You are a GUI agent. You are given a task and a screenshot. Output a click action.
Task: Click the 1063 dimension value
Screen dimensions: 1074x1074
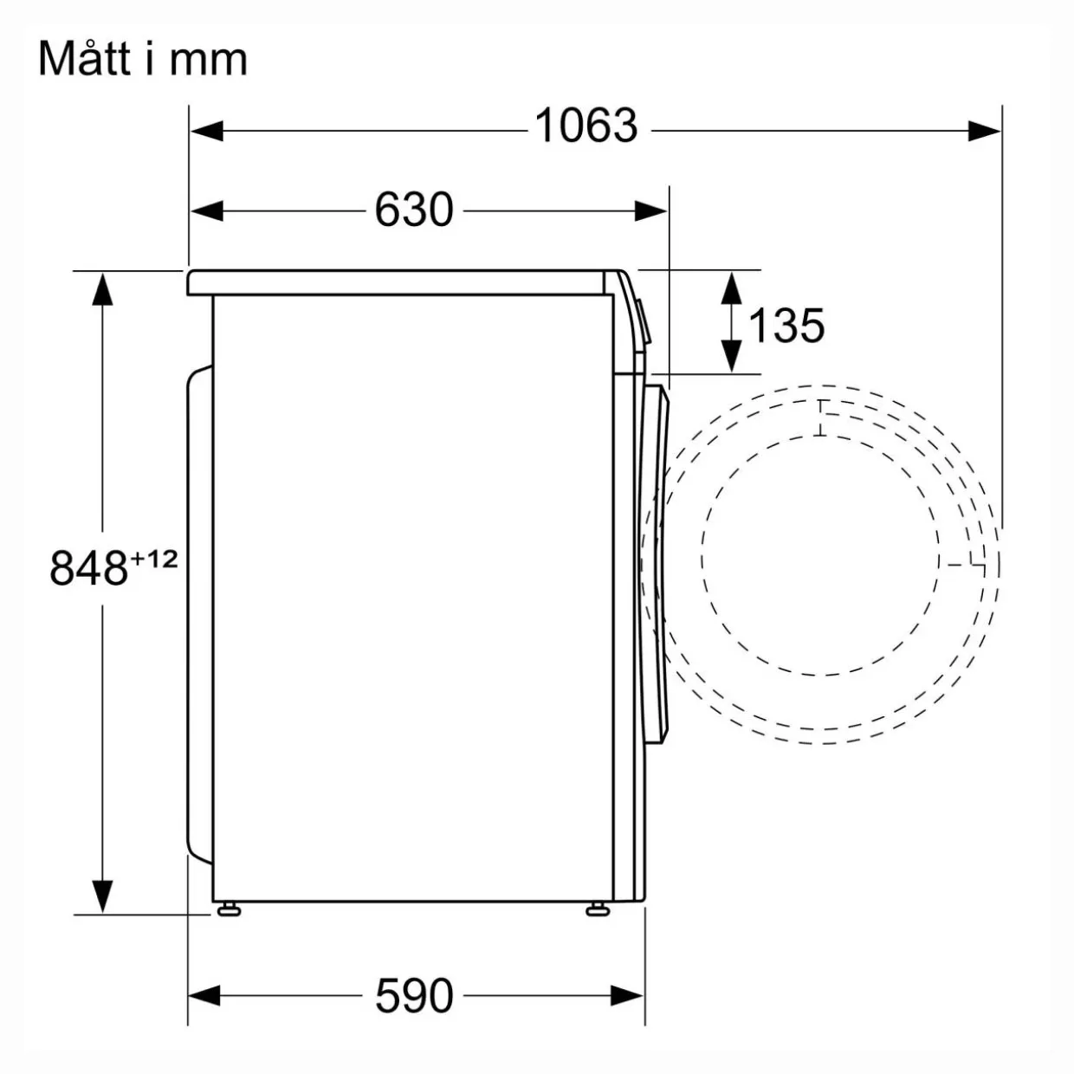click(586, 126)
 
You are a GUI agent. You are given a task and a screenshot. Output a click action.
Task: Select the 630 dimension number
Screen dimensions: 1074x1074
click(414, 210)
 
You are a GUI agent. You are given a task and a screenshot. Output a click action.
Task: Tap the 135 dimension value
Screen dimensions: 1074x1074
click(786, 326)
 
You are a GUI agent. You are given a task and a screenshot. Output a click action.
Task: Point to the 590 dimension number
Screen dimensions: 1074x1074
click(414, 995)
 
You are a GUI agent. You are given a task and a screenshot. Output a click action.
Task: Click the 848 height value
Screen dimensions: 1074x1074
click(88, 568)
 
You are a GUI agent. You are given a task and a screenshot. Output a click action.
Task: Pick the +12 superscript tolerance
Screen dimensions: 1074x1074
click(154, 558)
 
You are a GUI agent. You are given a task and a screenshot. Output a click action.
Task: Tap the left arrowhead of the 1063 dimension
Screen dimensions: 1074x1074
click(207, 131)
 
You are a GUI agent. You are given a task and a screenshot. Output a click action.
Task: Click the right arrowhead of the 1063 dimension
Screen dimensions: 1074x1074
click(984, 131)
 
